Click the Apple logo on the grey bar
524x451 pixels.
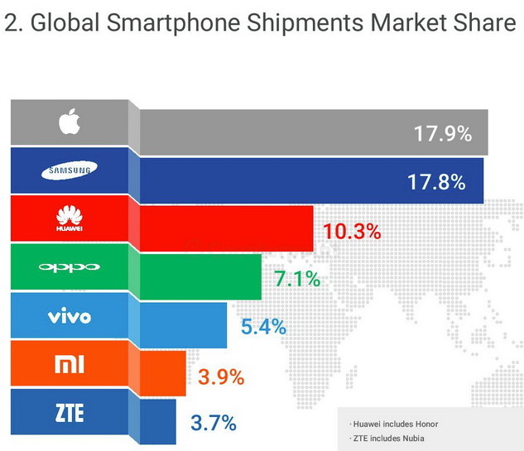pos(70,122)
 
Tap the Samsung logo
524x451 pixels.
pos(70,171)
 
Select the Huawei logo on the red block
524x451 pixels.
pos(70,220)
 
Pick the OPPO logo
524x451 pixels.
pos(70,266)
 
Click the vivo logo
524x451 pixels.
pos(70,316)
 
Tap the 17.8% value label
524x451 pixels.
pos(436,181)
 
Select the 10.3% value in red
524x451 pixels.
pos(351,230)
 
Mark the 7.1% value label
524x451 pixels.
pos(297,278)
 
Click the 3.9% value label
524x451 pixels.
pos(221,377)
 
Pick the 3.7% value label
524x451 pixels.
pos(213,424)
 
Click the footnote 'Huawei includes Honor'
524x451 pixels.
pos(394,424)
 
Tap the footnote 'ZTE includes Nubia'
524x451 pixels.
pos(389,439)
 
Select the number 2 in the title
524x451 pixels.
pos(12,25)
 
